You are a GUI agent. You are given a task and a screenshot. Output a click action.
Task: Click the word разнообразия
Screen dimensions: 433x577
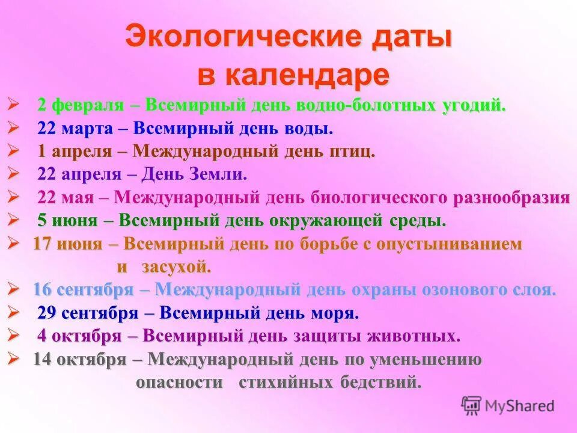point(511,197)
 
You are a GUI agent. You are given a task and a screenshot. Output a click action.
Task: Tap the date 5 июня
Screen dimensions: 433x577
point(67,221)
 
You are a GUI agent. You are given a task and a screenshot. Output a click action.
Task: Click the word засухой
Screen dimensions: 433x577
point(177,266)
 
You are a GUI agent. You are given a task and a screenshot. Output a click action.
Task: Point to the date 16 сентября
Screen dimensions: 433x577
point(82,289)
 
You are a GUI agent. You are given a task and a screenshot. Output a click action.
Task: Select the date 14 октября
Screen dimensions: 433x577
point(79,360)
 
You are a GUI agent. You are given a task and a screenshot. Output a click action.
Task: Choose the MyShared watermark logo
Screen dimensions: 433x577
point(508,406)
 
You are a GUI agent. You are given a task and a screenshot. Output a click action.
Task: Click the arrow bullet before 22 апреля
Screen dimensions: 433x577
point(13,174)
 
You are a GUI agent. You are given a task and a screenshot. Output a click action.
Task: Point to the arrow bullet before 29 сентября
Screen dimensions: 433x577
point(13,312)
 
